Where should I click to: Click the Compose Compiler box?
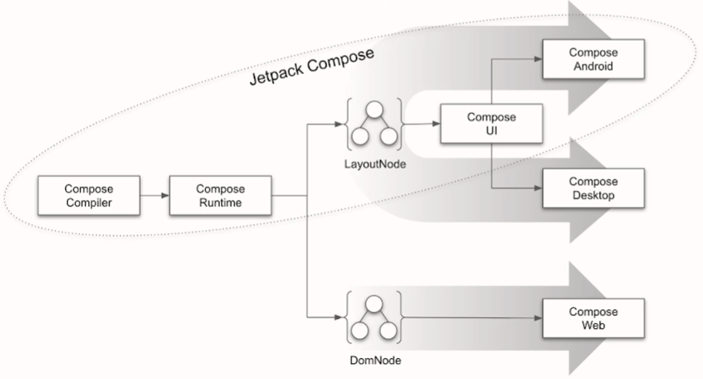(x=89, y=195)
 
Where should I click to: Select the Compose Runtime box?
(x=220, y=195)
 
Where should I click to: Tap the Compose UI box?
(x=491, y=123)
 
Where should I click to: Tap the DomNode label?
(x=373, y=359)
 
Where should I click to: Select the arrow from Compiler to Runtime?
(x=155, y=195)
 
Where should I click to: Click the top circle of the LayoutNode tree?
(x=374, y=111)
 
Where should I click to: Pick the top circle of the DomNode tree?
(x=374, y=304)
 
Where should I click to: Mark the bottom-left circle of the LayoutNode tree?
(x=360, y=136)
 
